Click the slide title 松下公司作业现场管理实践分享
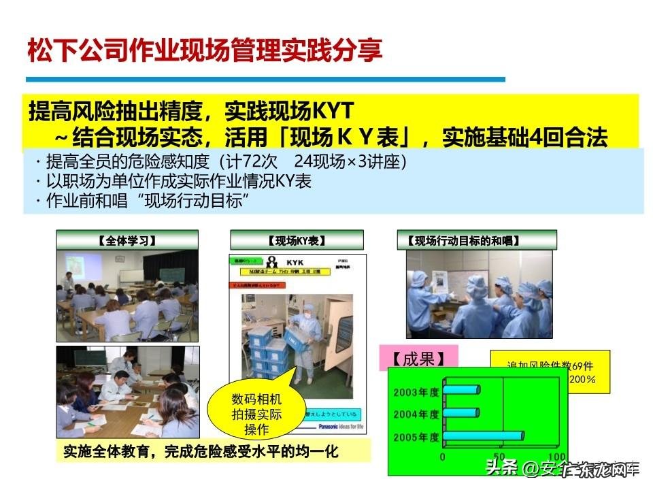204,50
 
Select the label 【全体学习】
127,240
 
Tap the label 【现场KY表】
297,240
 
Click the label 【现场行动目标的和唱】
476,240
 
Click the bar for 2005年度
484,436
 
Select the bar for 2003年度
462,390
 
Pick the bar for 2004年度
462,413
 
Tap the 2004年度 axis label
416,414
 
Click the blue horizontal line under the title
265,80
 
